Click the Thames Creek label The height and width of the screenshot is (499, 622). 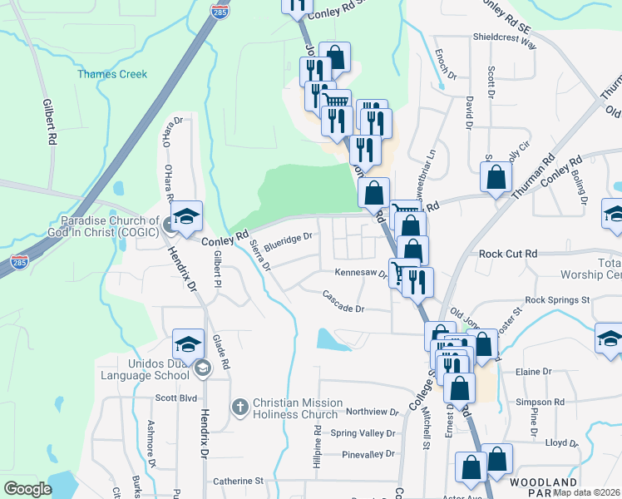(x=112, y=74)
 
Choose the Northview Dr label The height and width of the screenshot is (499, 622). (x=373, y=412)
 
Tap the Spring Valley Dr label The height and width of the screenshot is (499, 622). (x=363, y=433)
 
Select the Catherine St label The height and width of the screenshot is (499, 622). (x=238, y=481)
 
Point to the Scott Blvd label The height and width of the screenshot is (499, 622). (x=175, y=398)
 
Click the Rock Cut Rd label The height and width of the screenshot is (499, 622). (x=508, y=253)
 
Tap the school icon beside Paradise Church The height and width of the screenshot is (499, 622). (x=188, y=216)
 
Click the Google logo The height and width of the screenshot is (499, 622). (x=27, y=489)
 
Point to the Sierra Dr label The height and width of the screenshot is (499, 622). (x=260, y=256)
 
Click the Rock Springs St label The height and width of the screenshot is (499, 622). (x=557, y=299)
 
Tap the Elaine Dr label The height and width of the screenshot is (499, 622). (x=533, y=371)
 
